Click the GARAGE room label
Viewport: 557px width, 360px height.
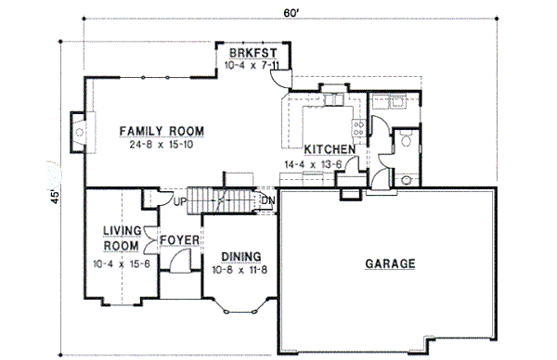pyautogui.click(x=390, y=264)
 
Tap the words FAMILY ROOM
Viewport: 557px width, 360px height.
pyautogui.click(x=162, y=131)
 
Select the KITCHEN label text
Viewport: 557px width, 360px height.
pyautogui.click(x=330, y=149)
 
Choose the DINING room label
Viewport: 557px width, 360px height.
pyautogui.click(x=240, y=256)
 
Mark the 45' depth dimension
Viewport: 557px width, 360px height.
pyautogui.click(x=56, y=196)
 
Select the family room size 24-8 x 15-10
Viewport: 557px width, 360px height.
pyautogui.click(x=162, y=145)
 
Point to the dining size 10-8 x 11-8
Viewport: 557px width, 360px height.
pyautogui.click(x=240, y=270)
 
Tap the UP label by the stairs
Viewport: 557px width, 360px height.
pyautogui.click(x=181, y=200)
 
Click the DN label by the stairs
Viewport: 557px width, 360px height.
pyautogui.click(x=268, y=200)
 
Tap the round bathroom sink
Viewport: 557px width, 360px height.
pyautogui.click(x=406, y=140)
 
